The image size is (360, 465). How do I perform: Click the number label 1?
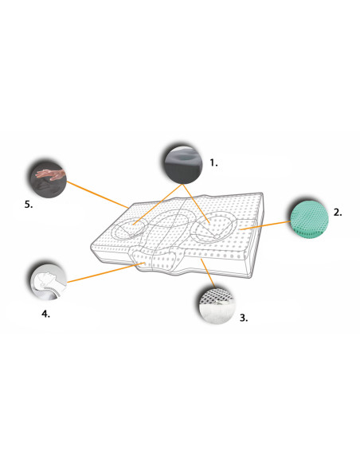click(213, 162)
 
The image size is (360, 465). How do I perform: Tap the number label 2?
click(338, 213)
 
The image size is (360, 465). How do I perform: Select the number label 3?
click(244, 318)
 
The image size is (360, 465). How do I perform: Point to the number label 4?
click(45, 314)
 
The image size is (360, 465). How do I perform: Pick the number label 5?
click(29, 205)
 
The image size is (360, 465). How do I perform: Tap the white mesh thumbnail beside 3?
click(216, 305)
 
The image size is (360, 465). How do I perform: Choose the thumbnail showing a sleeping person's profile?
click(49, 282)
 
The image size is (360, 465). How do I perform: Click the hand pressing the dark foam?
click(50, 174)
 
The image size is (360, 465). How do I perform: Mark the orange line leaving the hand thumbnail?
click(97, 194)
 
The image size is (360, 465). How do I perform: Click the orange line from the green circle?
click(264, 225)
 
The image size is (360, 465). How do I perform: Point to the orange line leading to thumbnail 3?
click(208, 273)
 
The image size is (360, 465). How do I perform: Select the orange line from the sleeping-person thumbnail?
click(106, 272)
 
